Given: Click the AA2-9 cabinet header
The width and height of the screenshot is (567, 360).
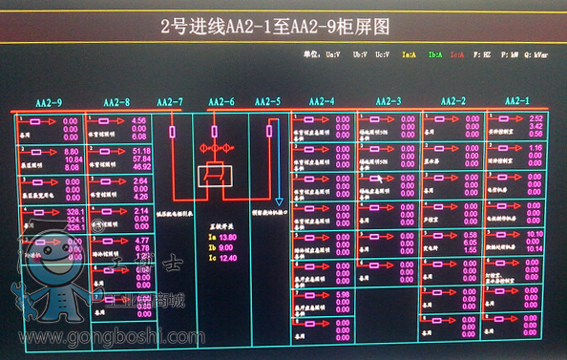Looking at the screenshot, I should click(50, 102).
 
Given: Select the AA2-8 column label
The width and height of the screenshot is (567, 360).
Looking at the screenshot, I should click(115, 102).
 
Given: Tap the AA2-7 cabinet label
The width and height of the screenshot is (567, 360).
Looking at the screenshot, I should click(169, 102).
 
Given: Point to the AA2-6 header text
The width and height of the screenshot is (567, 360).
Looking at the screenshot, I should click(220, 102).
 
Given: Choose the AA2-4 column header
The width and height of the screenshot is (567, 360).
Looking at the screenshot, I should click(322, 101).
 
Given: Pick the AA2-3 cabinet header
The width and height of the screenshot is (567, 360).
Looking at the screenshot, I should click(388, 101).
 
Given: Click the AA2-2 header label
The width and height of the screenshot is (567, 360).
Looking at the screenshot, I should click(453, 101).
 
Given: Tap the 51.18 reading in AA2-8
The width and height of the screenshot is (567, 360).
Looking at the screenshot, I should click(141, 151).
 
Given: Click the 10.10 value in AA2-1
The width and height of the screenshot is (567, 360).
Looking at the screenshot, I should click(535, 234).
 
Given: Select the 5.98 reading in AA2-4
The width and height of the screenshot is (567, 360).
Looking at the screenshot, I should click(342, 294).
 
